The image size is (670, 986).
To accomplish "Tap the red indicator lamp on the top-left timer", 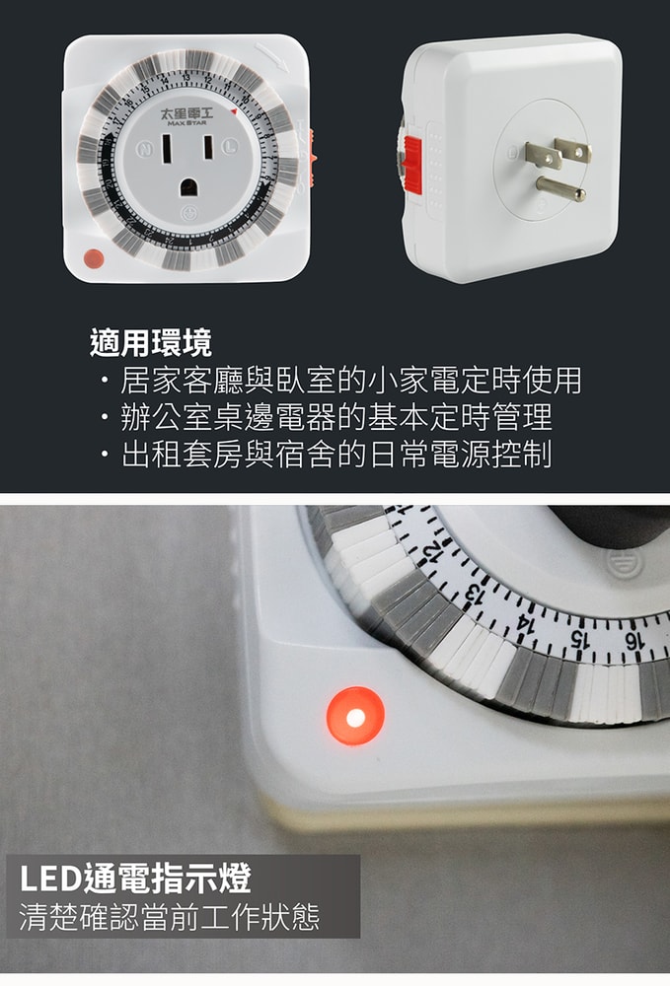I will pos(93,259).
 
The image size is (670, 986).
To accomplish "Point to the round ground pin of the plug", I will pos(558,187).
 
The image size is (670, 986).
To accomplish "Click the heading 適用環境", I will pos(150,343).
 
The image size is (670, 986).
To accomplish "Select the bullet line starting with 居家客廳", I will pos(340,380).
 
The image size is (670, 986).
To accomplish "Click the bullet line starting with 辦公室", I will pos(326,417).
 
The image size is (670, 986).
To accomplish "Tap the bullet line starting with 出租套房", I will pos(326,455).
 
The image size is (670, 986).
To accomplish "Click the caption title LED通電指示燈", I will pos(135,877).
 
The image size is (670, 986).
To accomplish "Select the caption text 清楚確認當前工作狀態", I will pos(170,918).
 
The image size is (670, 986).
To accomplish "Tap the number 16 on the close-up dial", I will pos(633,641).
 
